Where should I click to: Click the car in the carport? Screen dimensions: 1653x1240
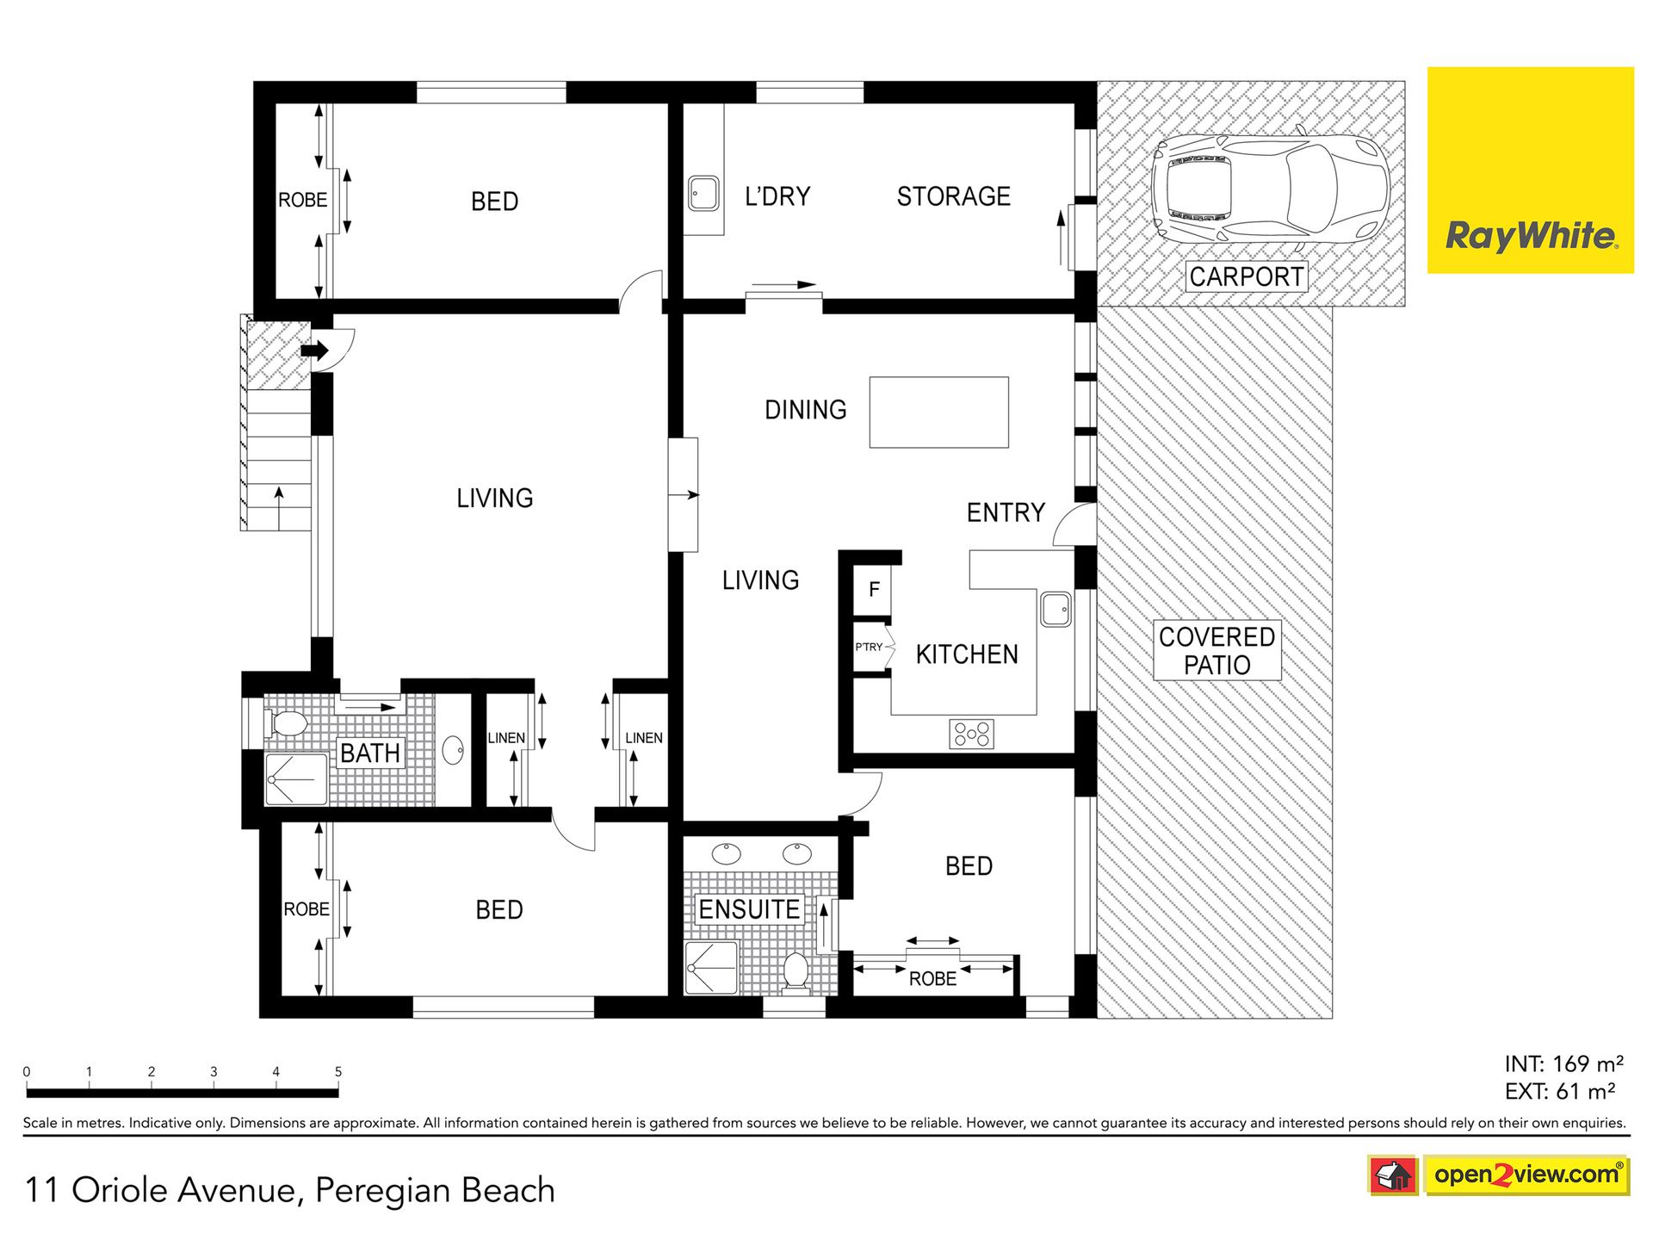click(1271, 189)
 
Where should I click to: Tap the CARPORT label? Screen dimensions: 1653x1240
click(1246, 276)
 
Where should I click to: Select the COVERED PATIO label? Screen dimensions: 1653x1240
click(1217, 651)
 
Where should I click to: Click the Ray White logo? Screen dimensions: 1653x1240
click(1530, 170)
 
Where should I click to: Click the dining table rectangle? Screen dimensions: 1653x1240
click(938, 412)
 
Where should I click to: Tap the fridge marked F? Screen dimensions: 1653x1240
click(872, 590)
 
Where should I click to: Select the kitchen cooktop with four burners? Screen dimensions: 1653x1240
click(972, 735)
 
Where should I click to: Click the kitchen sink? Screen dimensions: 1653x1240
click(1056, 610)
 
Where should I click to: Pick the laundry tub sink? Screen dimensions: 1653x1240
click(703, 194)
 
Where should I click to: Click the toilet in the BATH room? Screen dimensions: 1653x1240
click(285, 723)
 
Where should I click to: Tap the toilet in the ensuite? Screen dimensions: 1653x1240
click(796, 970)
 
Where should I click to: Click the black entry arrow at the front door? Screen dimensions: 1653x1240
click(314, 350)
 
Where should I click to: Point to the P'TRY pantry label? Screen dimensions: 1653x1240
click(869, 647)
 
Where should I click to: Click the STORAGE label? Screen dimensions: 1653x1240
click(953, 196)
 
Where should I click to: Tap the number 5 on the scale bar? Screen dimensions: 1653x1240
click(338, 1072)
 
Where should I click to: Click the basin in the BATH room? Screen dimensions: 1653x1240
click(453, 750)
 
